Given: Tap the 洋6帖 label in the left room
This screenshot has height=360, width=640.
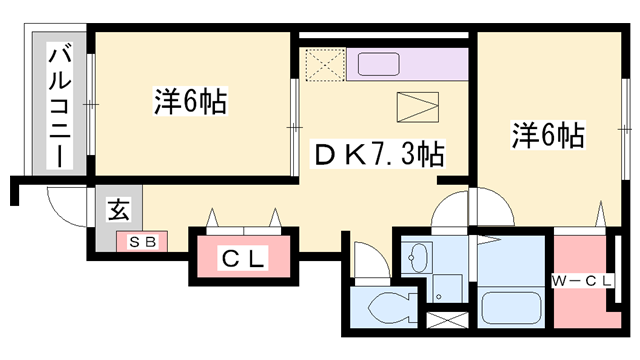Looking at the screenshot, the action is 190,101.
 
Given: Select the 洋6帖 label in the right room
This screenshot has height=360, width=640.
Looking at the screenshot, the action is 549,134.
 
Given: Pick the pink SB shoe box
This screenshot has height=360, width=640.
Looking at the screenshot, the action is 142,240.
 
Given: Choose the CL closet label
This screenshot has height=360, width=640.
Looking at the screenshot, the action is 244,259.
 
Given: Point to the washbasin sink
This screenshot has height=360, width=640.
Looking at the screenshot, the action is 418,259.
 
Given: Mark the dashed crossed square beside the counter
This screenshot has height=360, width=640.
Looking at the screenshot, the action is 325,67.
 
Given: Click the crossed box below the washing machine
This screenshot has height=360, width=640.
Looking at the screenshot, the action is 442,323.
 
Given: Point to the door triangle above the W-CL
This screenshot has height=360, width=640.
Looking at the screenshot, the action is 603,214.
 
